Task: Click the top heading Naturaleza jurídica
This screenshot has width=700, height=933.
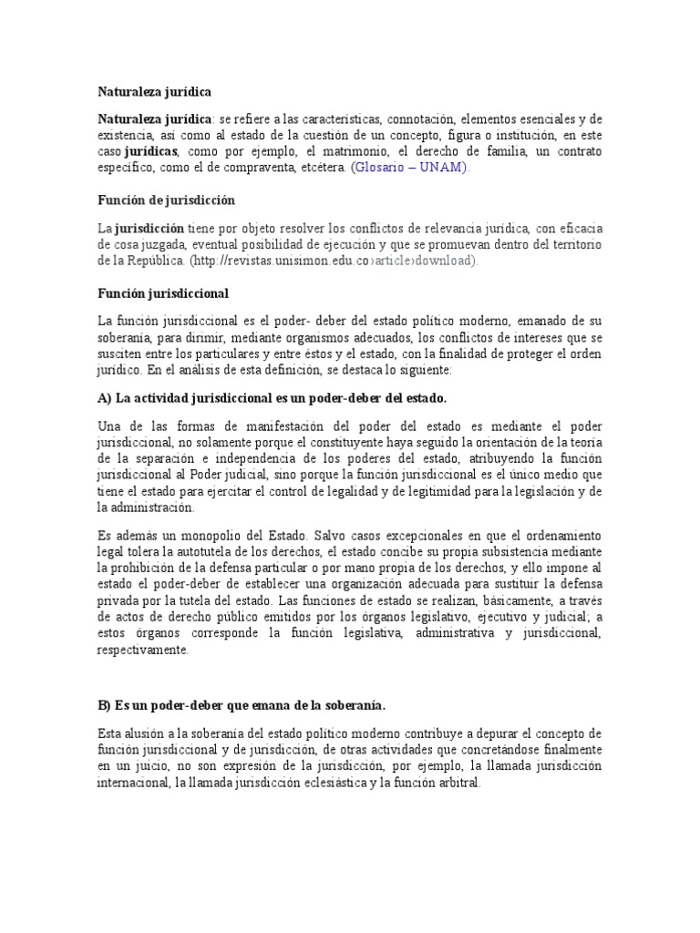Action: pos(154,92)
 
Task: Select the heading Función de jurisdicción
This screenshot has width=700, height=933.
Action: pos(166,200)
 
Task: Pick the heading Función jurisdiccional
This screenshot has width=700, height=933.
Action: pos(163,293)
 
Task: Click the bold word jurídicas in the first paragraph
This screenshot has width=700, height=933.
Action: pos(150,151)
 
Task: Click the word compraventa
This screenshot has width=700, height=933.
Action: pos(256,168)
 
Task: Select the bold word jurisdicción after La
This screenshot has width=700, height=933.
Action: pos(148,228)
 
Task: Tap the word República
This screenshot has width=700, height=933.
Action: pos(155,261)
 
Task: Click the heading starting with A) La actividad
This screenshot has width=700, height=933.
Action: pos(273,398)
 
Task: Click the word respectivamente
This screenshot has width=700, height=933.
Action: pos(143,651)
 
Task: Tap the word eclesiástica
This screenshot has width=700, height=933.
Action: pos(325,783)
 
